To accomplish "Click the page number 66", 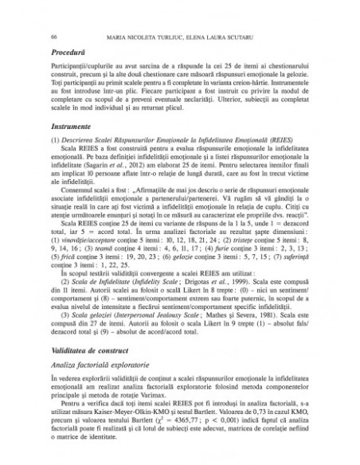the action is (53, 37).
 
